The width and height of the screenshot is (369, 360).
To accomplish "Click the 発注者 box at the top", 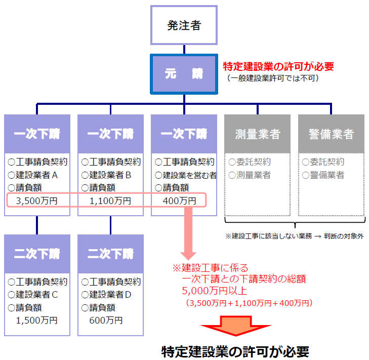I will click(184, 25).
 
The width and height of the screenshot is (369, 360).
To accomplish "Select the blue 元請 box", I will click(184, 73).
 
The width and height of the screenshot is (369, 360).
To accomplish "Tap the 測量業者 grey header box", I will click(258, 134).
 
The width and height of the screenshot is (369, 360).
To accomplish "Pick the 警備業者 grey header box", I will click(331, 134).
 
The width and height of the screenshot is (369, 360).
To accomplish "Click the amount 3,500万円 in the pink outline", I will click(37, 201).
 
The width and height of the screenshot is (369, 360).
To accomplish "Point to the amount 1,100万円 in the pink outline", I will click(110, 201).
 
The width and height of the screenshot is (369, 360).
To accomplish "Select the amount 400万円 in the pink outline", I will click(180, 201).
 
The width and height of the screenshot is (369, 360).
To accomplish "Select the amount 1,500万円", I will click(37, 320).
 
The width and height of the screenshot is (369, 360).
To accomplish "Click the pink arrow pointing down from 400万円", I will click(188, 233).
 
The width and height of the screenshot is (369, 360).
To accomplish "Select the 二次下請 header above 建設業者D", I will click(110, 253).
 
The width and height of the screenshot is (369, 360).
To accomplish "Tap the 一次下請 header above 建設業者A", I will click(37, 134).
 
